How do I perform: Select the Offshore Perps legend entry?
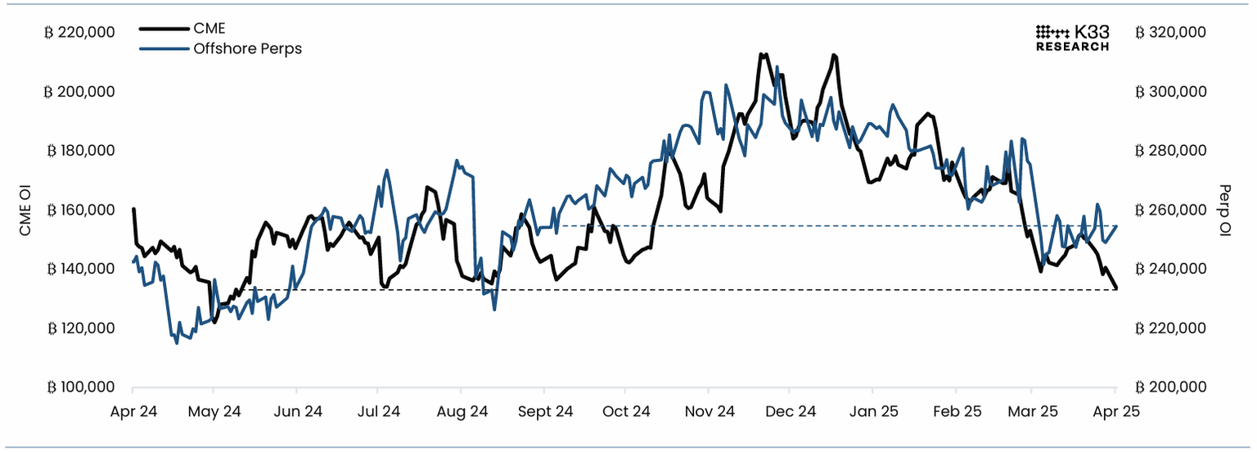[246, 49]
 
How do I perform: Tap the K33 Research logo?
[1072, 38]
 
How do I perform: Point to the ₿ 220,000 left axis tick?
[79, 33]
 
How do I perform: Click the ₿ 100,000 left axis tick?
[79, 387]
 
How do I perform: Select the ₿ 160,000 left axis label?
[79, 210]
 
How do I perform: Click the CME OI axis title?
[25, 210]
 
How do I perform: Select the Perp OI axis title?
[1225, 210]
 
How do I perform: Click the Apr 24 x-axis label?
[133, 411]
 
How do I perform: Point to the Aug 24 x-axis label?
[462, 411]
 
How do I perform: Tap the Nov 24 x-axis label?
[709, 411]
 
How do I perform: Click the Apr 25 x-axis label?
[1117, 411]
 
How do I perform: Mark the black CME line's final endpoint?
[1117, 288]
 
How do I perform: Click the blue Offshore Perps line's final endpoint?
[1117, 226]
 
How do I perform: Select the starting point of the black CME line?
[133, 209]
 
